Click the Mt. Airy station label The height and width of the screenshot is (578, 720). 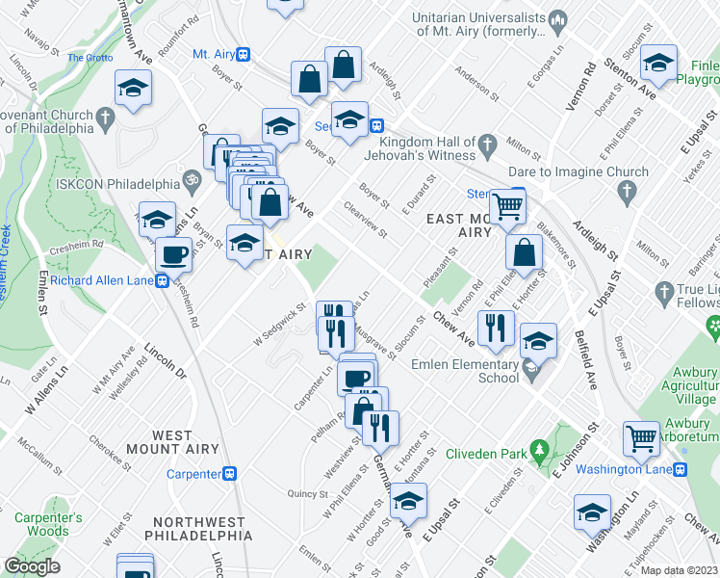(215, 54)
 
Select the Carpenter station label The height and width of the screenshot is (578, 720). (193, 473)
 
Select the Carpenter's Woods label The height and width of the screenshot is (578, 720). (48, 524)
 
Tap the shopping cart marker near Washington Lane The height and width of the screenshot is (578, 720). (640, 438)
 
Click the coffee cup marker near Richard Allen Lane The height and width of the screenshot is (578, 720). (173, 255)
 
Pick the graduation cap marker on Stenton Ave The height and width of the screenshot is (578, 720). (659, 63)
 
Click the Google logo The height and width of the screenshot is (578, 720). (32, 565)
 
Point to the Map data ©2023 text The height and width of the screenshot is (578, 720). (679, 570)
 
